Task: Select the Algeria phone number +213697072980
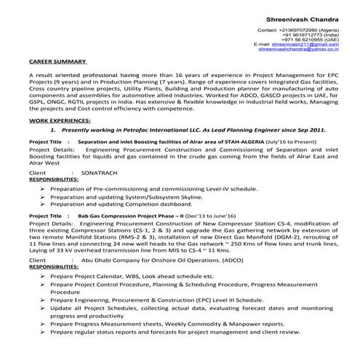click(x=299, y=30)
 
